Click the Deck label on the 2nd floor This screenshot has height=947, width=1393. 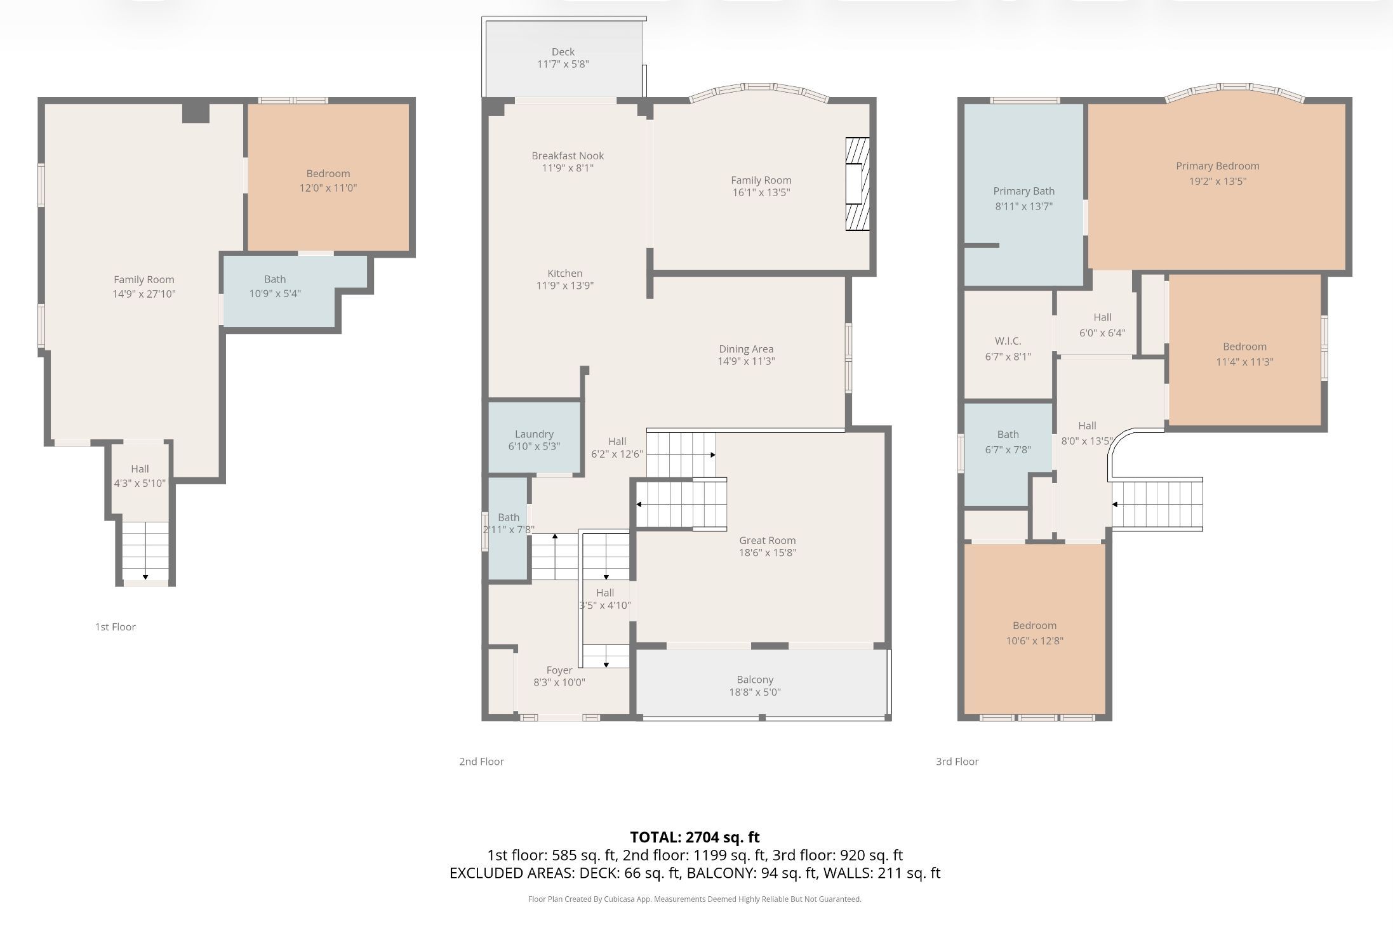click(563, 52)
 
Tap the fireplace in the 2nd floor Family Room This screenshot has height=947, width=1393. click(857, 184)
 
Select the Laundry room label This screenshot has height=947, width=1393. click(534, 434)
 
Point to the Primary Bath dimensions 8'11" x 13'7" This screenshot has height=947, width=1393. click(1024, 206)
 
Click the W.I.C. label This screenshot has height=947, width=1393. click(1008, 341)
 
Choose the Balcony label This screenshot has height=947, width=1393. click(755, 679)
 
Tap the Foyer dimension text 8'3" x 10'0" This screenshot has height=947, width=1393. click(559, 682)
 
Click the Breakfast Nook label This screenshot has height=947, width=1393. click(568, 156)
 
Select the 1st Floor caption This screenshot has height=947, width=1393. click(116, 627)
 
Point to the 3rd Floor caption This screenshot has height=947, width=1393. click(957, 761)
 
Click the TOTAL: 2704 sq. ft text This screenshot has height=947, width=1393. click(695, 837)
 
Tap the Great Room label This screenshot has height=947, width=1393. click(768, 540)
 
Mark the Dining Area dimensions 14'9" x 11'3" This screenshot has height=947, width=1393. click(747, 361)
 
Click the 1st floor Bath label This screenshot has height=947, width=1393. click(275, 279)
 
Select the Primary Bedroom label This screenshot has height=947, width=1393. click(1218, 166)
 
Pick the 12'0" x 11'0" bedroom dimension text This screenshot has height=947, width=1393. click(328, 188)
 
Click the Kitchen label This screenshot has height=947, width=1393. click(565, 274)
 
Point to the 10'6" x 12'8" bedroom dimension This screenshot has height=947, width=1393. click(1035, 641)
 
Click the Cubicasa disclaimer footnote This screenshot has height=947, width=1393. click(695, 899)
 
